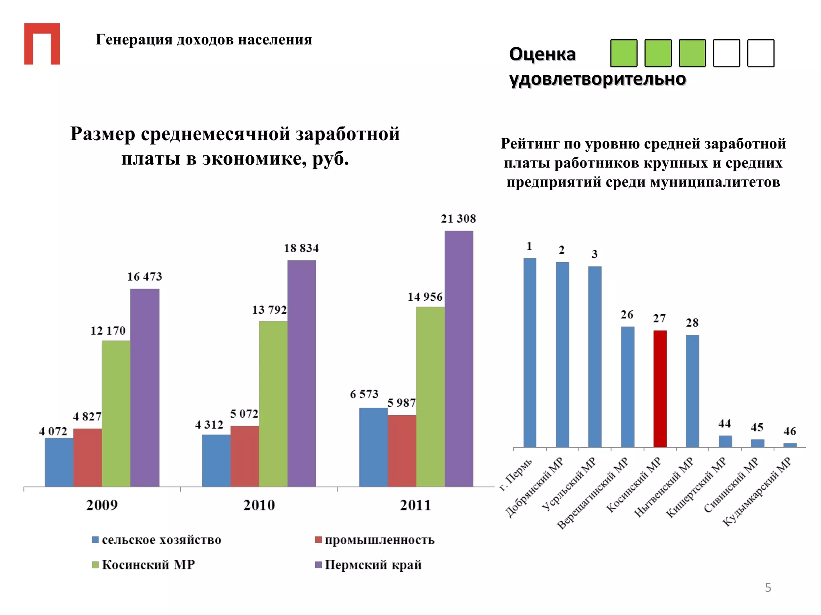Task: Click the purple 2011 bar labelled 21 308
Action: tap(459, 358)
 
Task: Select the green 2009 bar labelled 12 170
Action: tap(116, 413)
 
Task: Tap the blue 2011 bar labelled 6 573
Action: tap(373, 447)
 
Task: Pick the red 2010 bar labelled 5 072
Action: tap(245, 456)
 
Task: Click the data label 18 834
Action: tap(301, 248)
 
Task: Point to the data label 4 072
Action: tap(53, 431)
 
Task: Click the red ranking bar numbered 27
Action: tap(660, 388)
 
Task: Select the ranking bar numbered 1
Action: tap(530, 352)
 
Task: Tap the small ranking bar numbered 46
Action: tap(790, 445)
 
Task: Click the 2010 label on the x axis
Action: tap(259, 505)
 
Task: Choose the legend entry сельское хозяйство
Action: tap(156, 540)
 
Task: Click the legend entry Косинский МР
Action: tap(143, 565)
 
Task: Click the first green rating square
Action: tap(623, 53)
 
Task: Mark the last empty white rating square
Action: tap(760, 53)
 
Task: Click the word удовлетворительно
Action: tap(597, 79)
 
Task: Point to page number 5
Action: tap(768, 587)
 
